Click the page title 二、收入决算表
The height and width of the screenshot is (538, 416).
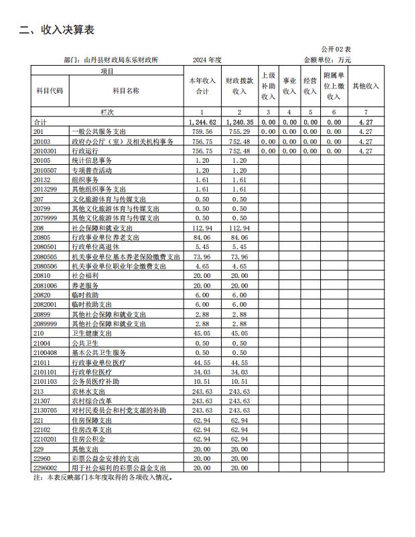(56, 30)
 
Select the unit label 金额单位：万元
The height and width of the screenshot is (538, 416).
(327, 60)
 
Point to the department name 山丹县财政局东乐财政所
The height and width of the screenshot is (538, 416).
(121, 60)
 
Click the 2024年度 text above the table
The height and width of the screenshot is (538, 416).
(206, 60)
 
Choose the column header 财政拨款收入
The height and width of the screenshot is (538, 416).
(239, 86)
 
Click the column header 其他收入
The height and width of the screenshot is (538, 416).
(365, 86)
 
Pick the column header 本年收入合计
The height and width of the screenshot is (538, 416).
(202, 86)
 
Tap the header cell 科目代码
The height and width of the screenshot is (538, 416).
(50, 90)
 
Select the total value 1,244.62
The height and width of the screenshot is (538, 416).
(202, 123)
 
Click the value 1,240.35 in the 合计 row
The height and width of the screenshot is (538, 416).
(239, 123)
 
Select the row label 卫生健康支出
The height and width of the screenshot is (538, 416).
(92, 333)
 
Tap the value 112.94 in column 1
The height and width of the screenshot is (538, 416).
(202, 228)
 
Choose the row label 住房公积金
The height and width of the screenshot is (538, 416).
(88, 439)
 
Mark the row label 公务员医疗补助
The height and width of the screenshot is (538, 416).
(95, 381)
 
